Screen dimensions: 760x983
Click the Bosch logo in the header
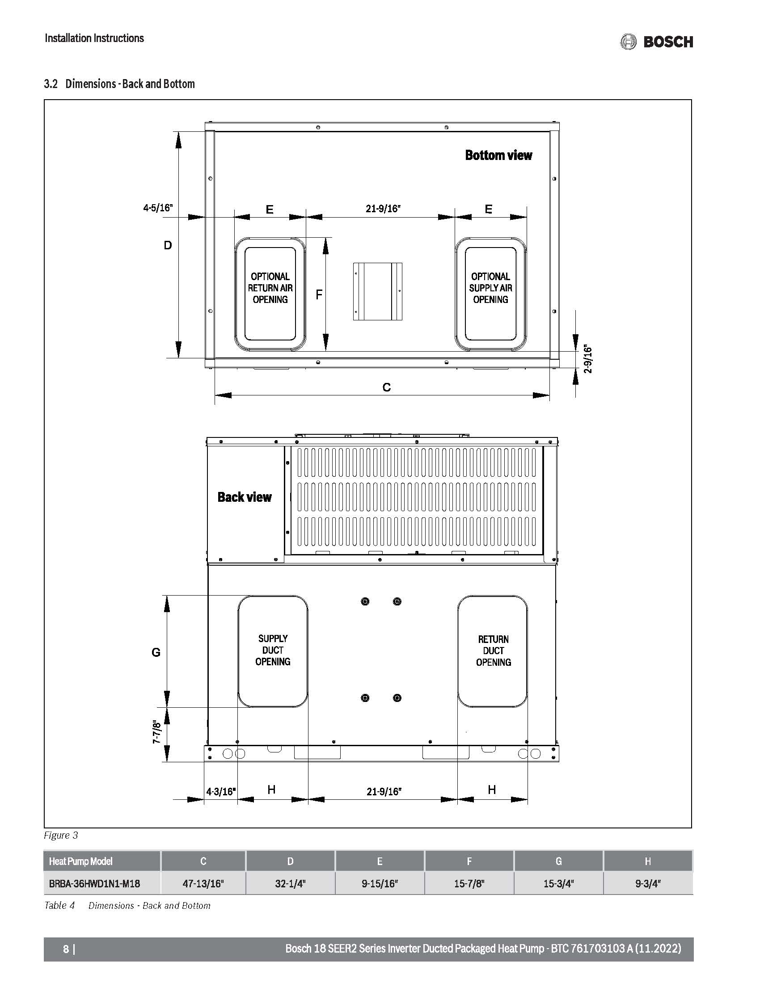pyautogui.click(x=656, y=42)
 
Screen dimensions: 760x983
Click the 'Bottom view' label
pyautogui.click(x=498, y=155)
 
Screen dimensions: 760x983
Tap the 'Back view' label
pyautogui.click(x=245, y=497)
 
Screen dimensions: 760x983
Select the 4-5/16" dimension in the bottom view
pyautogui.click(x=157, y=208)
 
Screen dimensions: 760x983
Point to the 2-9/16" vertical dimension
pyautogui.click(x=588, y=359)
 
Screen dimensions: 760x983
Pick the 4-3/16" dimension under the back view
pyautogui.click(x=221, y=792)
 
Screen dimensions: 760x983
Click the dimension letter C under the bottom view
pyautogui.click(x=386, y=387)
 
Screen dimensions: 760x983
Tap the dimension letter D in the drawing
pyautogui.click(x=168, y=245)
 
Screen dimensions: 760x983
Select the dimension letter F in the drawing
pyautogui.click(x=319, y=295)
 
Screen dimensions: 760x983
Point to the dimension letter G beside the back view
pyautogui.click(x=156, y=652)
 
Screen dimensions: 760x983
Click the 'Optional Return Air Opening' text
pyautogui.click(x=270, y=288)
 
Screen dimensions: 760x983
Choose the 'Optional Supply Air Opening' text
pyautogui.click(x=491, y=288)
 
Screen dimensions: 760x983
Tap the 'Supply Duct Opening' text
pyautogui.click(x=273, y=650)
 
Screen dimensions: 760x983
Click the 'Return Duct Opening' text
pyautogui.click(x=494, y=651)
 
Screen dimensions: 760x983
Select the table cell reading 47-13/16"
pyautogui.click(x=203, y=883)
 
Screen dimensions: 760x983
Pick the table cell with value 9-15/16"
pyautogui.click(x=380, y=883)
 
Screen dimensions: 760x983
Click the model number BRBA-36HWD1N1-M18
pyautogui.click(x=94, y=883)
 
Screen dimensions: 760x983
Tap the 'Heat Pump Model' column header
pyautogui.click(x=80, y=861)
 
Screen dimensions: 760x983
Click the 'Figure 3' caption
pyautogui.click(x=61, y=836)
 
